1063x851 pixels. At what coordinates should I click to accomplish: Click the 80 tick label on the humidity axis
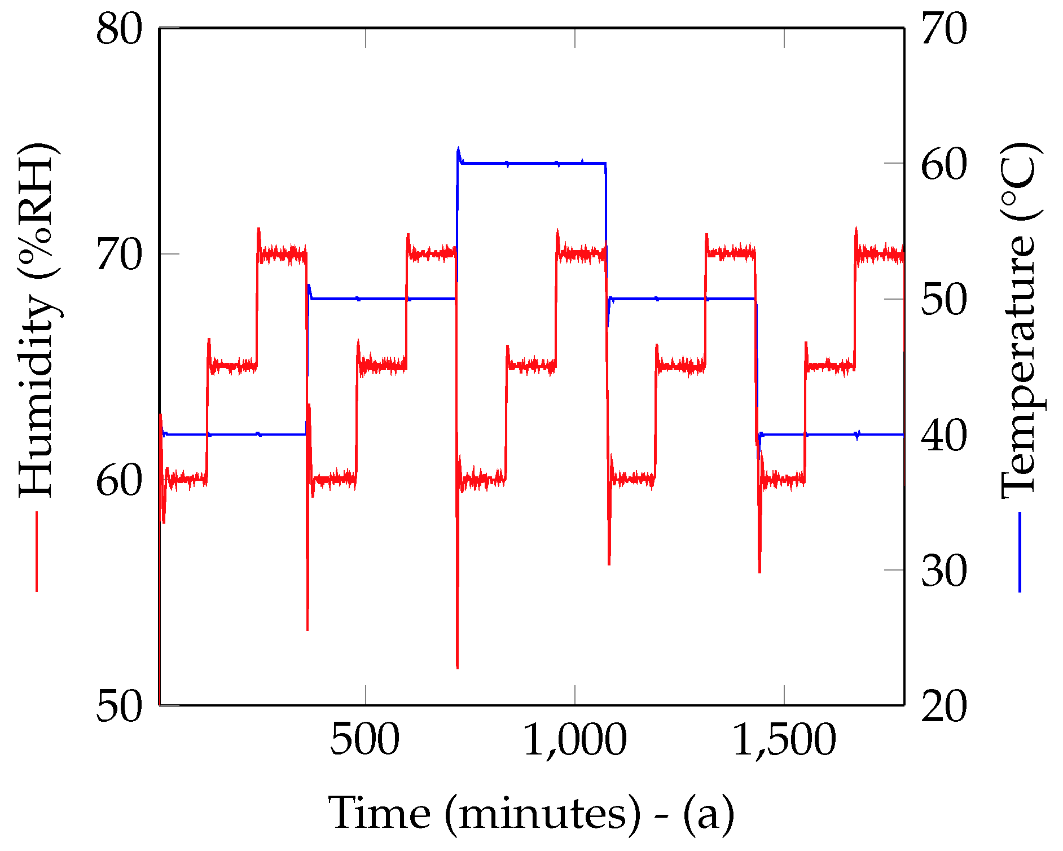coord(119,29)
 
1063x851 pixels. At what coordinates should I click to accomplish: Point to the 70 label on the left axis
coord(119,255)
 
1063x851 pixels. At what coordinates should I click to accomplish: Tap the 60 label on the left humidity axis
coord(119,481)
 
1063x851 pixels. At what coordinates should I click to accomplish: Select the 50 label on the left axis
coord(119,706)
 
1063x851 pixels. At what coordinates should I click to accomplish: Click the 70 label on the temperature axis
coord(944,29)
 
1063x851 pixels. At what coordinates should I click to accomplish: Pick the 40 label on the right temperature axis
coord(944,435)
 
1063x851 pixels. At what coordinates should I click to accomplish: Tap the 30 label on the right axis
coord(944,571)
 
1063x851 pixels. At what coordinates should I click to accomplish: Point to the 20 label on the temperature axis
coord(944,706)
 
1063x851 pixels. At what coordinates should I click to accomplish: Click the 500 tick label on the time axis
coord(365,739)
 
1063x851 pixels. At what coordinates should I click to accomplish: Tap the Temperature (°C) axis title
coord(1019,320)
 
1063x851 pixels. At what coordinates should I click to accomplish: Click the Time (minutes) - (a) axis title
coord(531,813)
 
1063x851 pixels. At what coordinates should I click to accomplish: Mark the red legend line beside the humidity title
coord(37,551)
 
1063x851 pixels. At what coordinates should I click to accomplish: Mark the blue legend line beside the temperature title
coord(1020,551)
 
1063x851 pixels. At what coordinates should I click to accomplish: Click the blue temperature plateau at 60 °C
coord(530,164)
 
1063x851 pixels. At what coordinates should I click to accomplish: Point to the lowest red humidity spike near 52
coord(457,666)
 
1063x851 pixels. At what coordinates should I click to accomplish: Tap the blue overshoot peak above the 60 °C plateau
coord(458,149)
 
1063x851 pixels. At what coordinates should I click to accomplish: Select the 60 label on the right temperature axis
coord(944,165)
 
